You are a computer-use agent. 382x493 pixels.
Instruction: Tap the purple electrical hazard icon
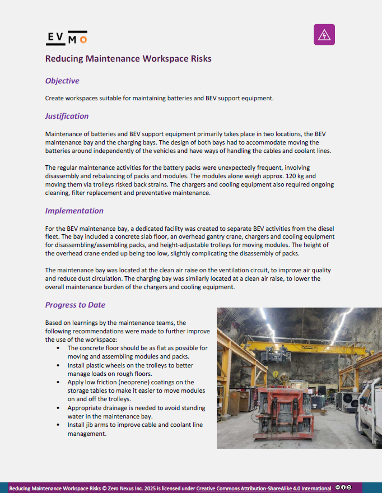tap(324, 35)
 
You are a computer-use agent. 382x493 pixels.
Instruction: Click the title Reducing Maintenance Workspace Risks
tap(128, 58)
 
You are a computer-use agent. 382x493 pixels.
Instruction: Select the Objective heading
tap(62, 81)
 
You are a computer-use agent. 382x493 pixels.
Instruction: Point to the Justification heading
tap(67, 117)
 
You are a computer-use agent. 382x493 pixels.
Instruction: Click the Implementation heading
tap(74, 211)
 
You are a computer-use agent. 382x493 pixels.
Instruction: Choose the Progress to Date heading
tap(75, 305)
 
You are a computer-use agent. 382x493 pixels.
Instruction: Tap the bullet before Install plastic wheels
tap(59, 365)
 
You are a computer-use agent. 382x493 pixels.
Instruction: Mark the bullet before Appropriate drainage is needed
tap(59, 407)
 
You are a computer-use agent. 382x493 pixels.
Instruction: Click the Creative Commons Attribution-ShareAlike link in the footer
tap(263, 488)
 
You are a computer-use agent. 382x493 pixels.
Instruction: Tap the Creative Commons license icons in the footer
tap(343, 487)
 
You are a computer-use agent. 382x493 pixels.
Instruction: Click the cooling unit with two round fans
tap(350, 399)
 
